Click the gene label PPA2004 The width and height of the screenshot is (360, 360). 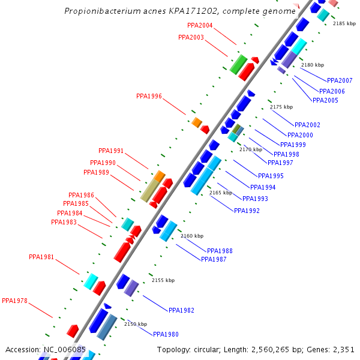[200, 25]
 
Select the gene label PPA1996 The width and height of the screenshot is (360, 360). [149, 96]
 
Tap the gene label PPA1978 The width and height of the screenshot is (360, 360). [14, 301]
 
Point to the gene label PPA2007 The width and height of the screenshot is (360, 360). [340, 80]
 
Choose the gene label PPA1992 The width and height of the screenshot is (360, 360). [247, 211]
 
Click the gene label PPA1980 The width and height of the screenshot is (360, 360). [166, 334]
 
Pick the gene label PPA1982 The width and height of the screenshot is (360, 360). [181, 310]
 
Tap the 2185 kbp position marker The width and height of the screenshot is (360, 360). [344, 23]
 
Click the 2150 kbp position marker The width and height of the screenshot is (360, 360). [135, 324]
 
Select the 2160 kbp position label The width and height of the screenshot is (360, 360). [192, 236]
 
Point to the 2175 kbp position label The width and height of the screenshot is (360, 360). [281, 107]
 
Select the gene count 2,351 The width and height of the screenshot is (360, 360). [342, 349]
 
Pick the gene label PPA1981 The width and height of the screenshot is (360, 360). [41, 257]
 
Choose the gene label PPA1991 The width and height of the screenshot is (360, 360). [111, 151]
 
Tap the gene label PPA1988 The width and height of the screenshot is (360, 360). [220, 251]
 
